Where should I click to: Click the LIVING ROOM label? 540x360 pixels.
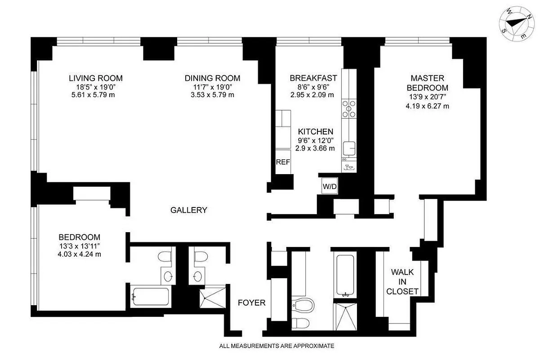95,78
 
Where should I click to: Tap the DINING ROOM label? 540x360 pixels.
212,78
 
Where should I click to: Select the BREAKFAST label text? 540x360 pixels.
313,78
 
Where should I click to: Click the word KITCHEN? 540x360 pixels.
316,132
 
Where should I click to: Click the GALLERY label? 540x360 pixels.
189,210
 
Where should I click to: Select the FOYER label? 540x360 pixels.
251,303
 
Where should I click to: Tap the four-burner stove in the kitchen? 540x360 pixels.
348,108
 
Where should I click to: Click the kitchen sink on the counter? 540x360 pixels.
349,148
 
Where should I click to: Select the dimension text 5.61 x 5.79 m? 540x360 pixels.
95,95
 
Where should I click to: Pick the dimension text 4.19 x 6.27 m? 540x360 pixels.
427,106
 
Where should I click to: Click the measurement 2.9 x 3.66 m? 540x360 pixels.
315,148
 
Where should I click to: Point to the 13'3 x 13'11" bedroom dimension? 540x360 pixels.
79,246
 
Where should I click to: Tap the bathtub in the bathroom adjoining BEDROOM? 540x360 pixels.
150,297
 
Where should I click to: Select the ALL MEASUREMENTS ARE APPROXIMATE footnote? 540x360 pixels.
277,346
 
